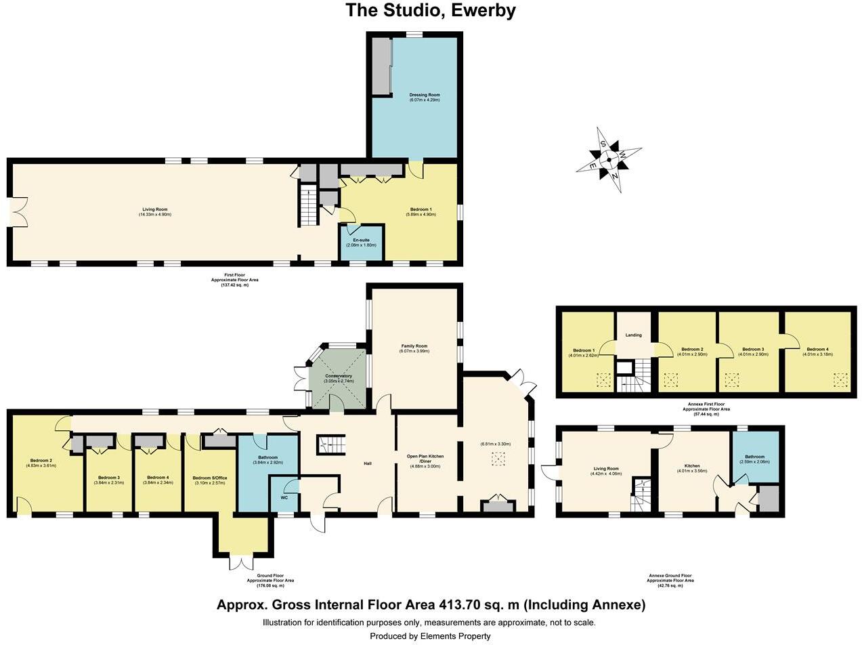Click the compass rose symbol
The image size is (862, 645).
608,160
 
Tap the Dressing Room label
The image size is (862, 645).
425,95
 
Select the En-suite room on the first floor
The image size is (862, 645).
361,242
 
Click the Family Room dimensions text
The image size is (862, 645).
414,351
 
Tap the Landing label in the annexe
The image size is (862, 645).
633,335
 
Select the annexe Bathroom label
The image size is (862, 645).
754,457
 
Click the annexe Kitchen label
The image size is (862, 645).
692,466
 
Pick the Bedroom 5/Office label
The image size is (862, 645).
209,478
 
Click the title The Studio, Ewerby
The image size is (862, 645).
431,11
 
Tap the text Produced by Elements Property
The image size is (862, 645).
430,636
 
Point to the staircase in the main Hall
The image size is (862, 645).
331,444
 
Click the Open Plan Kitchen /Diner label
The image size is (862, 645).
425,459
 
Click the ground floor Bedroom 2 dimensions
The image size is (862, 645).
40,465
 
